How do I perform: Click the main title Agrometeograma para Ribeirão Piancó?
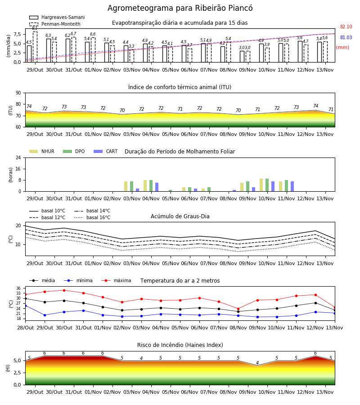180,8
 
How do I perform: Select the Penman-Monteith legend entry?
55,24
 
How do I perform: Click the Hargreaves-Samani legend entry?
57,17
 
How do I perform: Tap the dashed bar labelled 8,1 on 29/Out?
35,47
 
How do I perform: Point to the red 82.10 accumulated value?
346,27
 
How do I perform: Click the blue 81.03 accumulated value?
346,37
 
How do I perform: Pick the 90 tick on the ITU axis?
18,93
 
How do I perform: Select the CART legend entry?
106,151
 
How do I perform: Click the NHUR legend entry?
42,151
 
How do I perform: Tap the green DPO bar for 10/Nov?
267,185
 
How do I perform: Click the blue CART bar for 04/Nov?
157,187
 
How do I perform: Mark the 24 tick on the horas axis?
18,157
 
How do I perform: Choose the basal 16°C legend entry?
92,217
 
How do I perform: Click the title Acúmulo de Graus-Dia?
180,216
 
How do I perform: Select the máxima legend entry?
116,280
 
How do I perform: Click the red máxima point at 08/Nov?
238,309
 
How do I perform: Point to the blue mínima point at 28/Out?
25,306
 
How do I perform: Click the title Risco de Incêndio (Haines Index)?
180,345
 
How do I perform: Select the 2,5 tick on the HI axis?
18,373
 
